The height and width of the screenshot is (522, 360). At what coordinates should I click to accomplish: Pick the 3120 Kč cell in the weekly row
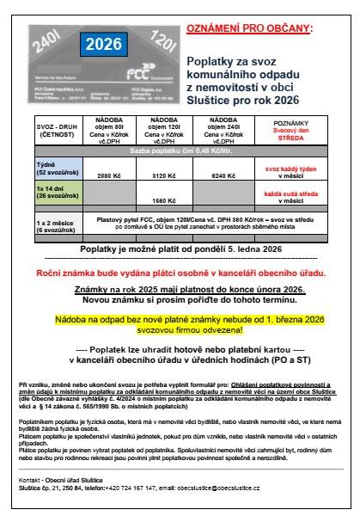click(139, 175)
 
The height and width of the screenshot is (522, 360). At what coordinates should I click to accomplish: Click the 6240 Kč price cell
click(206, 175)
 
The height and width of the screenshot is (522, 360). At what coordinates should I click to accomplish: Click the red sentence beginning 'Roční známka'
click(180, 271)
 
